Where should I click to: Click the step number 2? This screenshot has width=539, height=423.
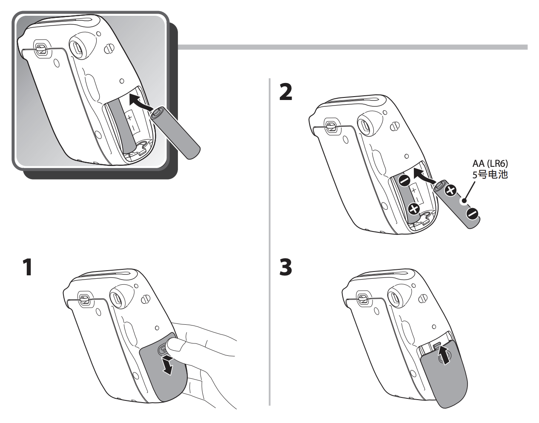click(285, 92)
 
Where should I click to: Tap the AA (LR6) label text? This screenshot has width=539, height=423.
click(490, 164)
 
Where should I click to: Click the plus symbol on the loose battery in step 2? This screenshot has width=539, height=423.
click(450, 192)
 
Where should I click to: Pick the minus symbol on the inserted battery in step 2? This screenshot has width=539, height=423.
click(404, 180)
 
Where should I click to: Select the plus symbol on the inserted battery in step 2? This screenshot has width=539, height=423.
click(413, 209)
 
